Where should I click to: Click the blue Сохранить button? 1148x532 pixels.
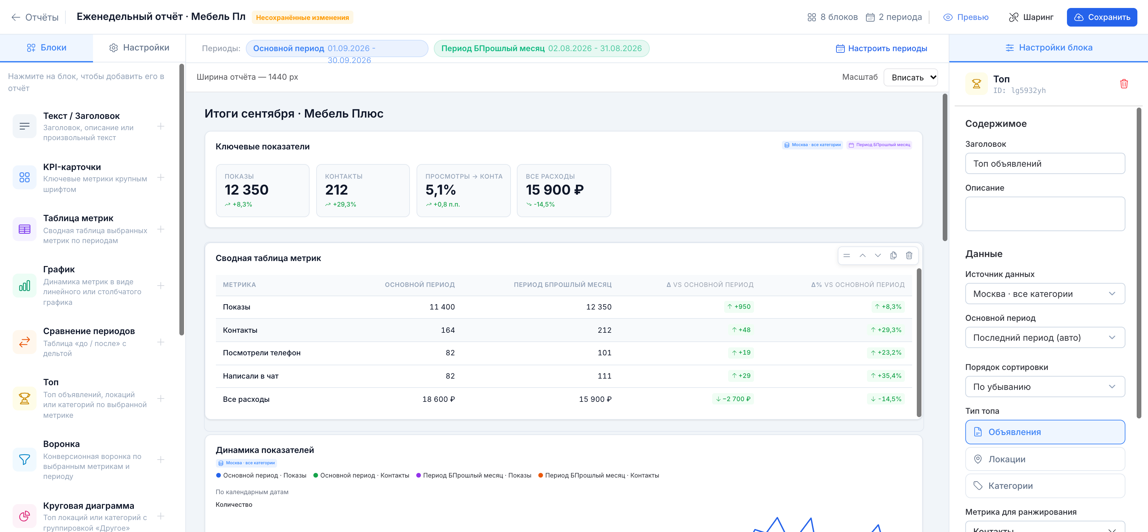(1101, 17)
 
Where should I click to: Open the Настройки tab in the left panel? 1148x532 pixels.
(139, 48)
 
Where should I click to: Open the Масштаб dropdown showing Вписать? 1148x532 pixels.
(910, 77)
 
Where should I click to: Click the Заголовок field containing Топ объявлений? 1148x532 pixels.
(1045, 163)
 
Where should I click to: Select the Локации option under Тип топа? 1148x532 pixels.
(1045, 459)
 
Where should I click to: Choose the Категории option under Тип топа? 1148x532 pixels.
(1045, 486)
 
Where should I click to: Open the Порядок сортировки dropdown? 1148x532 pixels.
(1045, 387)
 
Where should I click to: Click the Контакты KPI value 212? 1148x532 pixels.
(336, 190)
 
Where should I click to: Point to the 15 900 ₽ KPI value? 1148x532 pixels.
(554, 190)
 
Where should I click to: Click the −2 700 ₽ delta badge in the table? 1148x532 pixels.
(733, 399)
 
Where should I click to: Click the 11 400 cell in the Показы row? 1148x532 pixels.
(442, 307)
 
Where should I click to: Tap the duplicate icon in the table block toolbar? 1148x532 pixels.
(893, 255)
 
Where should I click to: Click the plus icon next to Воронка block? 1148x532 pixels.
(161, 459)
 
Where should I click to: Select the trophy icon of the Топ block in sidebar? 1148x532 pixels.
(25, 398)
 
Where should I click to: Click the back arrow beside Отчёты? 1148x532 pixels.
(16, 17)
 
